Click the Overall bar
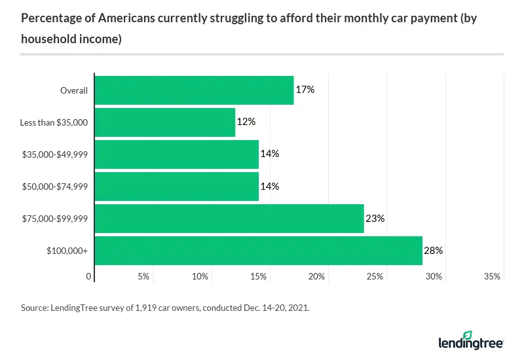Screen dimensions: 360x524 (195, 90)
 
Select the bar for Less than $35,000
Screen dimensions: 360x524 (165, 122)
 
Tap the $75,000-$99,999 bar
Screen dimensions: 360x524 (229, 219)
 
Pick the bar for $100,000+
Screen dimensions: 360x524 (259, 251)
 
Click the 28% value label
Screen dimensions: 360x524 (434, 251)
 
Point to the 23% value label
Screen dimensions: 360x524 (375, 219)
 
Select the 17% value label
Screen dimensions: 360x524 (305, 90)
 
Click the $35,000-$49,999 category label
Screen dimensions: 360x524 (58, 154)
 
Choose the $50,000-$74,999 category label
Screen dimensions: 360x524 (58, 187)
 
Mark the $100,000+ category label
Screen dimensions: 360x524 (69, 251)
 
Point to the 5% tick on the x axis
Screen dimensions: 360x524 (143, 277)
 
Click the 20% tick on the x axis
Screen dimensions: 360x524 (317, 277)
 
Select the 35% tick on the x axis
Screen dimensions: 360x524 (492, 277)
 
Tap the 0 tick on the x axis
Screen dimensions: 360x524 (89, 277)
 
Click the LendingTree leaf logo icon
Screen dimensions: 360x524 (467, 336)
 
